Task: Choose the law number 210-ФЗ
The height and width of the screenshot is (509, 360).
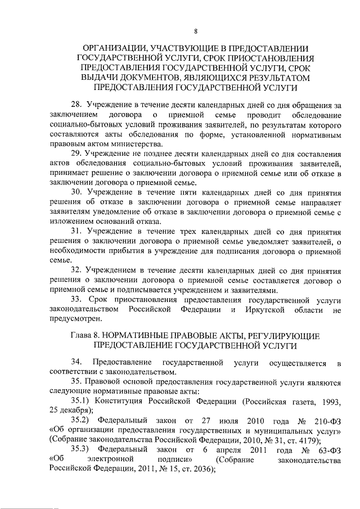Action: click(x=326, y=420)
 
